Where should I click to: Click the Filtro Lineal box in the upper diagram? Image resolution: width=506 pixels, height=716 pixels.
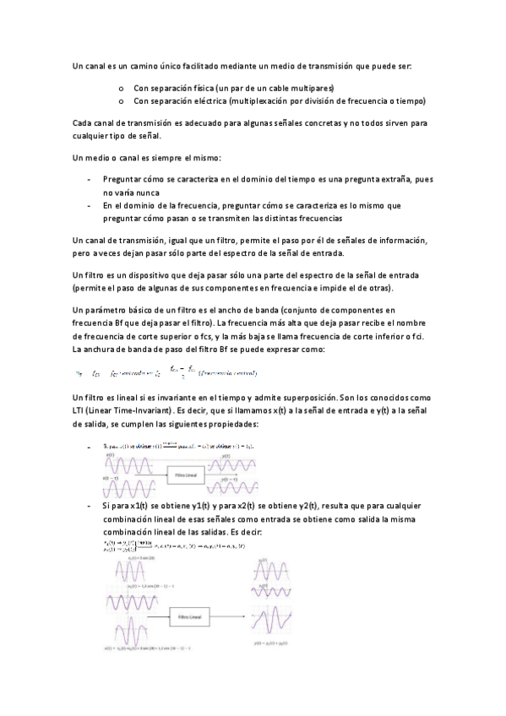(x=189, y=476)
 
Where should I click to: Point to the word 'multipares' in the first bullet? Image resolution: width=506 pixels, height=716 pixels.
(x=311, y=87)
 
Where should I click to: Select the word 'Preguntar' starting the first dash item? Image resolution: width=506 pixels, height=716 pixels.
(x=123, y=179)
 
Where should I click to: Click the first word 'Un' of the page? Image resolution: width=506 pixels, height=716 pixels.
(x=79, y=65)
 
